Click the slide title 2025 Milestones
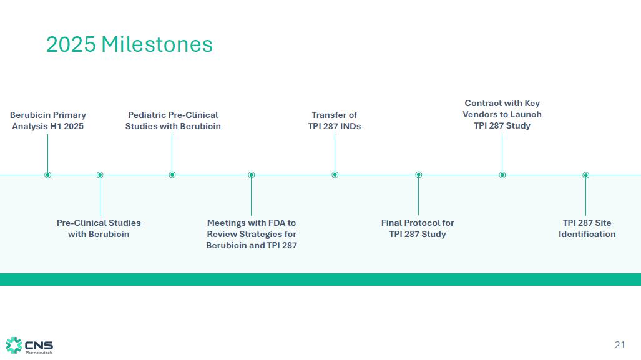pos(129,44)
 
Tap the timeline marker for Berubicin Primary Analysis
pos(47,175)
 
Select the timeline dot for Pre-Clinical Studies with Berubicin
pos(100,175)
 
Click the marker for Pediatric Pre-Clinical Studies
pos(172,175)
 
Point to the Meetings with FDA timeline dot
pos(252,175)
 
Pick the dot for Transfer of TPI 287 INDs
pos(335,175)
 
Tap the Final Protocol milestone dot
pos(419,175)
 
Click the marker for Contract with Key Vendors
pos(502,175)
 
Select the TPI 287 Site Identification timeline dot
pos(586,175)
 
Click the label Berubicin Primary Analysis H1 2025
pos(48,120)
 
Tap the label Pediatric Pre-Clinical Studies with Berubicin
pos(173,120)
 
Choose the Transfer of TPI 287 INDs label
pos(335,120)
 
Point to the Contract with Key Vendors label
pos(502,114)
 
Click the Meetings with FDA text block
pos(252,234)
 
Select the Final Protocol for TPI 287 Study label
pos(418,228)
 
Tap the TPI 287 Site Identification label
pos(587,228)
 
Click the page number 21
pos(620,345)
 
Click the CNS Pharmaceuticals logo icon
pos(14,345)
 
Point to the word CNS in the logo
pos(39,344)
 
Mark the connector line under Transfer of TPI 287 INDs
pos(335,153)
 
